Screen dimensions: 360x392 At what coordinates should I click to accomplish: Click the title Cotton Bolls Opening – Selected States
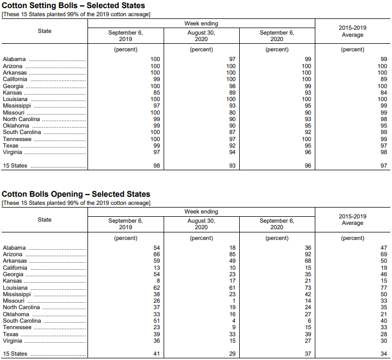(x=76, y=194)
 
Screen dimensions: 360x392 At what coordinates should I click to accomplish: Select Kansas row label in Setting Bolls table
(x=12, y=92)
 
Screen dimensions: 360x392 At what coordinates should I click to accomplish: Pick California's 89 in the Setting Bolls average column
(x=383, y=79)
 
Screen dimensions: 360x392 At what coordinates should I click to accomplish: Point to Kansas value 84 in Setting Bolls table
(x=383, y=92)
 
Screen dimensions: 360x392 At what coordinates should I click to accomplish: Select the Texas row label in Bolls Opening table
(x=11, y=334)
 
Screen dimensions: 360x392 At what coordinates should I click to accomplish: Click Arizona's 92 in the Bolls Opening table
(x=307, y=254)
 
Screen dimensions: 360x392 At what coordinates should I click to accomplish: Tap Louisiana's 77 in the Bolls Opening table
(x=383, y=288)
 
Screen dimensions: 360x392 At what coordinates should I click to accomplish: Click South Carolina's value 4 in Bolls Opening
(x=234, y=321)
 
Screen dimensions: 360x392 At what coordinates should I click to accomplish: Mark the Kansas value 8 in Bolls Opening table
(x=158, y=281)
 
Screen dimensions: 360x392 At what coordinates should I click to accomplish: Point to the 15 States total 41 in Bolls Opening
(x=156, y=354)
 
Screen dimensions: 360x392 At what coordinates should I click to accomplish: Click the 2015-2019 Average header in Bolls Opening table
(x=353, y=219)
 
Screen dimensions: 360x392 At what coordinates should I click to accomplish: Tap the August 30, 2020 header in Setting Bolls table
(x=201, y=36)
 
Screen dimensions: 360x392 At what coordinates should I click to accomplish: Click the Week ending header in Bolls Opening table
(x=201, y=211)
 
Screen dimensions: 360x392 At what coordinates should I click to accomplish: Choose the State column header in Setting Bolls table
(x=45, y=31)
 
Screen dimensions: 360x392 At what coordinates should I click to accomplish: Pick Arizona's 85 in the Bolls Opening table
(x=231, y=254)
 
